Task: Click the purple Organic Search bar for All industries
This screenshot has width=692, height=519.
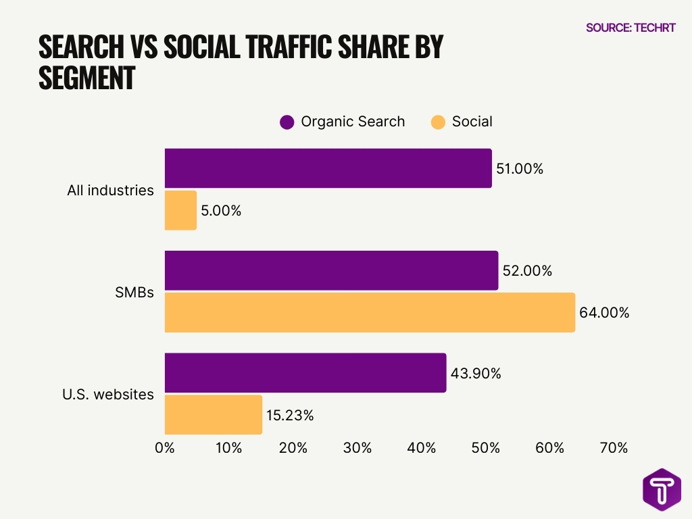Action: pyautogui.click(x=328, y=168)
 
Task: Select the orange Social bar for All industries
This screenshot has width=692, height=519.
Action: pyautogui.click(x=180, y=210)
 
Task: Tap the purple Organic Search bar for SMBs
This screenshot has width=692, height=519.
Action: pyautogui.click(x=331, y=270)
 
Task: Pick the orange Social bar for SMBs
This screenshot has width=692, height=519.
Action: pyautogui.click(x=370, y=312)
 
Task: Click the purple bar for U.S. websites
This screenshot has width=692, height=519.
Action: pyautogui.click(x=305, y=372)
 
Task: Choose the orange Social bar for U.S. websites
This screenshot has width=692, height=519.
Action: pyautogui.click(x=213, y=414)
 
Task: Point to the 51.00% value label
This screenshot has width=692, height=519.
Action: pyautogui.click(x=520, y=169)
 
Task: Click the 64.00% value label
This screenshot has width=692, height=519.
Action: pyautogui.click(x=604, y=313)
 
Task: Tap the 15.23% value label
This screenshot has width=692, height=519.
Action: pyautogui.click(x=291, y=415)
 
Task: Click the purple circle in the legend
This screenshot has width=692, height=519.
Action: pyautogui.click(x=287, y=122)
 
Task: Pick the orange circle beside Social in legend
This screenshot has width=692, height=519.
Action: pyautogui.click(x=438, y=122)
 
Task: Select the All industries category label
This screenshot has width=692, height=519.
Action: pyautogui.click(x=110, y=191)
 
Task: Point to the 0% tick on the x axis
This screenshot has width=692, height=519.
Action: pyautogui.click(x=165, y=447)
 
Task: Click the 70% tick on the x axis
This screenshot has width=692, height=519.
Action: pyautogui.click(x=614, y=447)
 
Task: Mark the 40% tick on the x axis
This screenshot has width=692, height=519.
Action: pyautogui.click(x=421, y=447)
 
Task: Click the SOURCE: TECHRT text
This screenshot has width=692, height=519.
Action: pyautogui.click(x=631, y=28)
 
